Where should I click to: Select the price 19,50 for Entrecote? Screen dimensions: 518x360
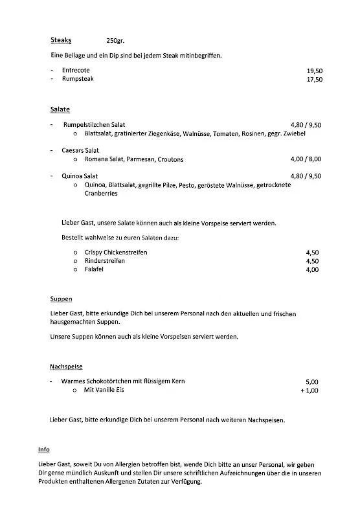pyautogui.click(x=314, y=70)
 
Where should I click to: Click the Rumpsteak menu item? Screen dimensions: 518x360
pyautogui.click(x=78, y=79)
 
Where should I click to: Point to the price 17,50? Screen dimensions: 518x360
pyautogui.click(x=314, y=80)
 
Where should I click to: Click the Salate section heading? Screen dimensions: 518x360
pyautogui.click(x=60, y=109)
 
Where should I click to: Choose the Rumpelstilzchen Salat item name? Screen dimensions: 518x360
pyautogui.click(x=94, y=124)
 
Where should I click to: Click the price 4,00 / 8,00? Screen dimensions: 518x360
pyautogui.click(x=306, y=159)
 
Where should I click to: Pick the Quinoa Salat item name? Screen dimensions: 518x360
pyautogui.click(x=80, y=175)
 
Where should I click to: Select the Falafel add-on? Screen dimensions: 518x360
pyautogui.click(x=94, y=269)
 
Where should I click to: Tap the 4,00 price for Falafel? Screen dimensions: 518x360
pyautogui.click(x=311, y=270)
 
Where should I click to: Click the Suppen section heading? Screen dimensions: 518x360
pyautogui.click(x=61, y=300)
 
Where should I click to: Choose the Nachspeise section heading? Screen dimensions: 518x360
pyautogui.click(x=66, y=366)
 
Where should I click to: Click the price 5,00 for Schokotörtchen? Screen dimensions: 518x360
pyautogui.click(x=311, y=382)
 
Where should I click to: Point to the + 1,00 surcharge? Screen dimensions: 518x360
pyautogui.click(x=309, y=391)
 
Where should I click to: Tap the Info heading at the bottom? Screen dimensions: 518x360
pyautogui.click(x=43, y=449)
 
